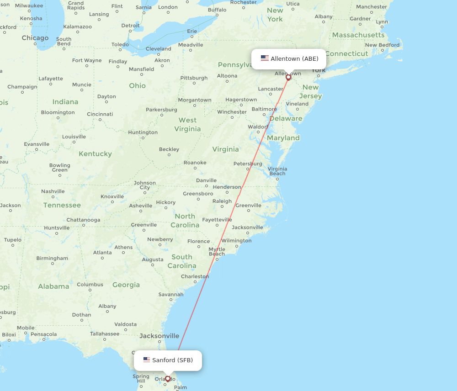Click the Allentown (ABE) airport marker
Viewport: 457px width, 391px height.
pos(288,77)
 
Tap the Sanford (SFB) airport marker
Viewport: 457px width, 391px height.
pos(168,379)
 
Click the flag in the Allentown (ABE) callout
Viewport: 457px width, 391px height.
pos(265,58)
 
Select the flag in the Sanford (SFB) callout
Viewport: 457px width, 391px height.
pos(147,360)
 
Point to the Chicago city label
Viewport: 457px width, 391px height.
pos(35,38)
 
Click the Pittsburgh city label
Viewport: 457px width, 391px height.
pos(194,78)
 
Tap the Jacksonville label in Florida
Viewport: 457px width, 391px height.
pos(159,336)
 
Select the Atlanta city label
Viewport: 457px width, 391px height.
pos(102,253)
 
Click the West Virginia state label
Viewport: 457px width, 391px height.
pos(187,125)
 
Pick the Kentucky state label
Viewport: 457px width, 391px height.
pos(95,154)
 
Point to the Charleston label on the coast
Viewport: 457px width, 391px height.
pos(195,276)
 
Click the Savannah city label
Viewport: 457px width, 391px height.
pos(171,295)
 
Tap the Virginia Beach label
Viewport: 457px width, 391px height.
pos(277,171)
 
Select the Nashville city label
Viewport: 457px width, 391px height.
pos(53,191)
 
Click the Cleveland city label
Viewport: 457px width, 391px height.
pos(159,49)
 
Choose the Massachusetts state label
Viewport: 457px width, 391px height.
pos(358,35)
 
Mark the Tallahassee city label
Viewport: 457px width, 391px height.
pos(105,334)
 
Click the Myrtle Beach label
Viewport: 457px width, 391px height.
pos(217,252)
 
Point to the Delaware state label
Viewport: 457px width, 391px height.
pos(286,119)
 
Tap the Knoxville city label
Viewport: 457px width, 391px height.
pos(112,196)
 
